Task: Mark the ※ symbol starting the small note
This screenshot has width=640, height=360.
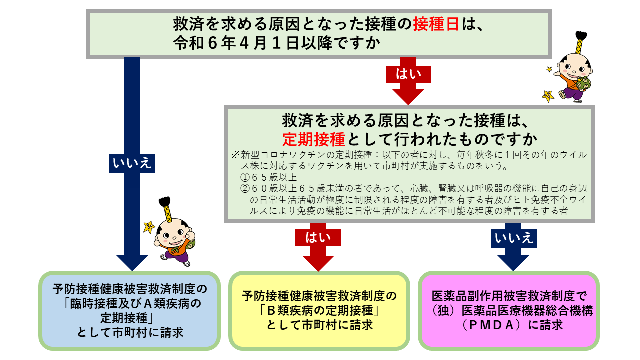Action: pyautogui.click(x=234, y=154)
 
